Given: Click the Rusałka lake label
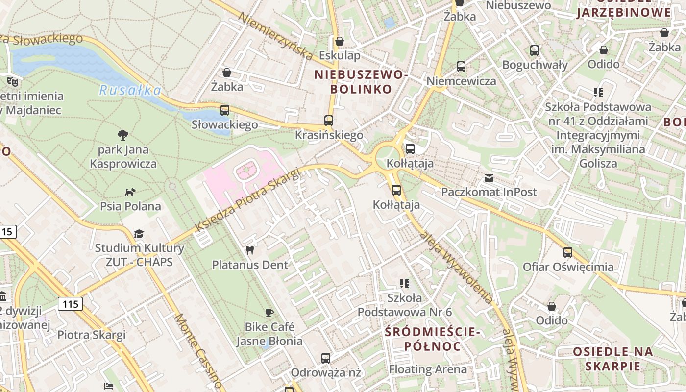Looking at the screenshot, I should click(x=130, y=90).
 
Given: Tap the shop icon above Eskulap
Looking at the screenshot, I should click(x=339, y=41).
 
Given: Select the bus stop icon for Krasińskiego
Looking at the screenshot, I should click(x=329, y=120).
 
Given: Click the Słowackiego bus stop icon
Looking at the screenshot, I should click(x=225, y=110).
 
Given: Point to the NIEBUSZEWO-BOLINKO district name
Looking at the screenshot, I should click(x=361, y=82).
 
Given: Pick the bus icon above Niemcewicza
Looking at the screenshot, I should click(x=461, y=67).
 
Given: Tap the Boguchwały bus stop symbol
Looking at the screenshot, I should click(x=535, y=50).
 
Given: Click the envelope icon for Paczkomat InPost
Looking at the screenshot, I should click(x=489, y=178).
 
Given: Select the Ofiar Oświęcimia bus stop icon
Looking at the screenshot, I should click(x=568, y=252).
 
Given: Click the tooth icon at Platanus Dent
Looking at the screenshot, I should click(x=250, y=250).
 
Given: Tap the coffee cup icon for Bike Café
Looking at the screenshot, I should click(x=269, y=313).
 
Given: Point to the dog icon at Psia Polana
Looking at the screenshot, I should click(x=130, y=192).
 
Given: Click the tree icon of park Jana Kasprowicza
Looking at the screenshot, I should click(x=123, y=135).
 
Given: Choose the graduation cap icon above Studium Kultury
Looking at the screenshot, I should click(x=139, y=234).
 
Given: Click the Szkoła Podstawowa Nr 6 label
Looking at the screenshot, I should click(x=404, y=305).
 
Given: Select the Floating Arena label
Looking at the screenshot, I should click(x=428, y=369).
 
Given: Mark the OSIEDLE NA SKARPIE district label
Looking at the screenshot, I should click(x=612, y=359).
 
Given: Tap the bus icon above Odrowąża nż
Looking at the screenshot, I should click(x=326, y=358).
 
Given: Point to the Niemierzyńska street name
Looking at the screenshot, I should click(x=275, y=36).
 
